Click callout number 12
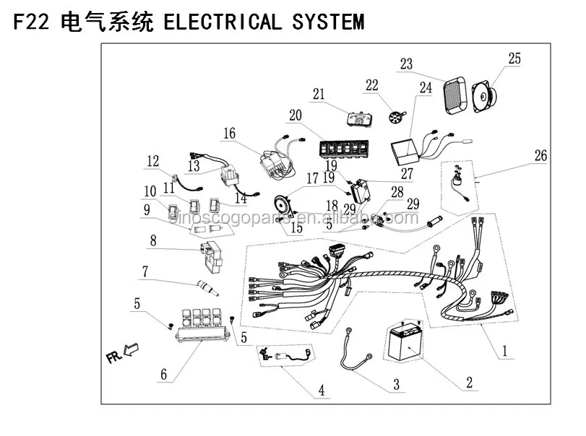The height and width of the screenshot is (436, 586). [152, 161]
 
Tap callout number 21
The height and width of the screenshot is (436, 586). [319, 94]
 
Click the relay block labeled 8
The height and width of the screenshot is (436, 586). [211, 250]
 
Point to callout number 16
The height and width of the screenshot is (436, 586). [229, 134]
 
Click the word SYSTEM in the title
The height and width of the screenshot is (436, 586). [329, 22]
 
